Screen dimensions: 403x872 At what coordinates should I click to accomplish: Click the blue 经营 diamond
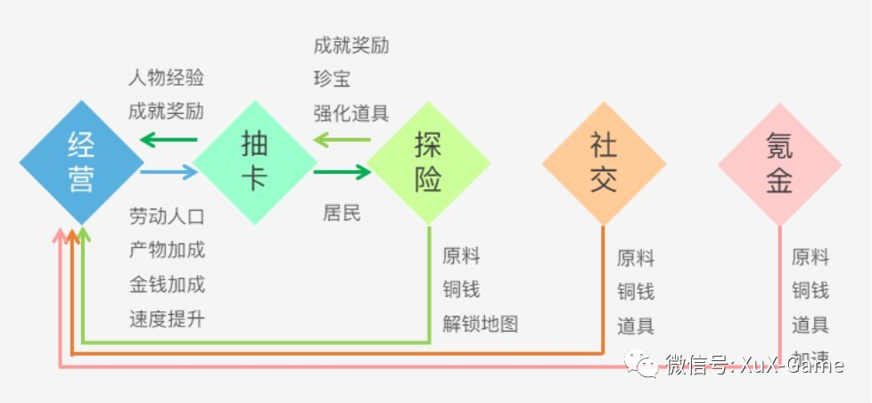click(x=81, y=162)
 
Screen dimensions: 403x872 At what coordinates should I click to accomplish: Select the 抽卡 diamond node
click(x=255, y=162)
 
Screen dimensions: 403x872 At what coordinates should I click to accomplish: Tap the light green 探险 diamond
click(x=428, y=162)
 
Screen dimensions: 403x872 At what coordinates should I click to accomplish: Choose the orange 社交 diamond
click(x=604, y=162)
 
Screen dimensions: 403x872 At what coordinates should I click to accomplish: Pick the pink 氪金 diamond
click(x=779, y=162)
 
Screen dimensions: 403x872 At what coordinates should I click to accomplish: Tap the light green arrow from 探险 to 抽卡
click(x=342, y=140)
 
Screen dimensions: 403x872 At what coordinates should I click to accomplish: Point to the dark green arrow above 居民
click(x=342, y=172)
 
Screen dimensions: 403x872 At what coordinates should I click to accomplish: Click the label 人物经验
click(x=166, y=78)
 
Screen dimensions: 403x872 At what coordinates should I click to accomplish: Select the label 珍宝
click(x=332, y=78)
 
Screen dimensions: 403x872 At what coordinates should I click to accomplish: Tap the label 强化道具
click(x=351, y=113)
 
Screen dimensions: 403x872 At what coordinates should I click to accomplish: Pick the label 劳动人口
click(x=167, y=217)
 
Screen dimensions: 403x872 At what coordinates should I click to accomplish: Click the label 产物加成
click(x=167, y=251)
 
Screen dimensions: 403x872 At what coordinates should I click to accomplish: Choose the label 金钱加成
click(x=167, y=284)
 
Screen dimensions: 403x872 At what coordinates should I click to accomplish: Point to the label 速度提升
click(x=167, y=318)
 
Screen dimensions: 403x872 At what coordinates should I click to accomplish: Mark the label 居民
click(x=341, y=213)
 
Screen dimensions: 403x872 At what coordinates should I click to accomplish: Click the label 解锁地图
click(x=481, y=324)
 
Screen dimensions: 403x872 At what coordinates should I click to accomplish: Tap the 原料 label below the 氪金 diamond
click(x=810, y=257)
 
